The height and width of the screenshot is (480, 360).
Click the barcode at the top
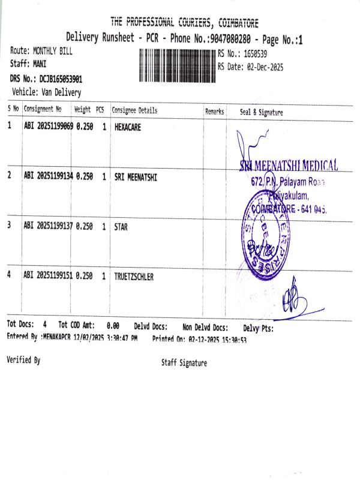[x=177, y=62]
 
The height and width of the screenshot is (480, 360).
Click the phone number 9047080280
[x=229, y=39]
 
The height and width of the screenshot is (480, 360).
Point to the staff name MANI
[x=40, y=64]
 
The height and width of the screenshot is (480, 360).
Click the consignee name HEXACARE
[x=128, y=127]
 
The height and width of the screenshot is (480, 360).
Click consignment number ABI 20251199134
[x=48, y=176]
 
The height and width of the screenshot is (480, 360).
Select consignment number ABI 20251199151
[x=48, y=275]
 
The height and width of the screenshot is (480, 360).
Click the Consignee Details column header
[x=134, y=110]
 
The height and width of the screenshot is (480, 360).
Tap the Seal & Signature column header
[x=262, y=112]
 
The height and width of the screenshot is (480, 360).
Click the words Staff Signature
[x=184, y=363]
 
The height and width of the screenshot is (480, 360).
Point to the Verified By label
[x=23, y=360]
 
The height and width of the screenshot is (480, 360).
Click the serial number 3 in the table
[x=9, y=226]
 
